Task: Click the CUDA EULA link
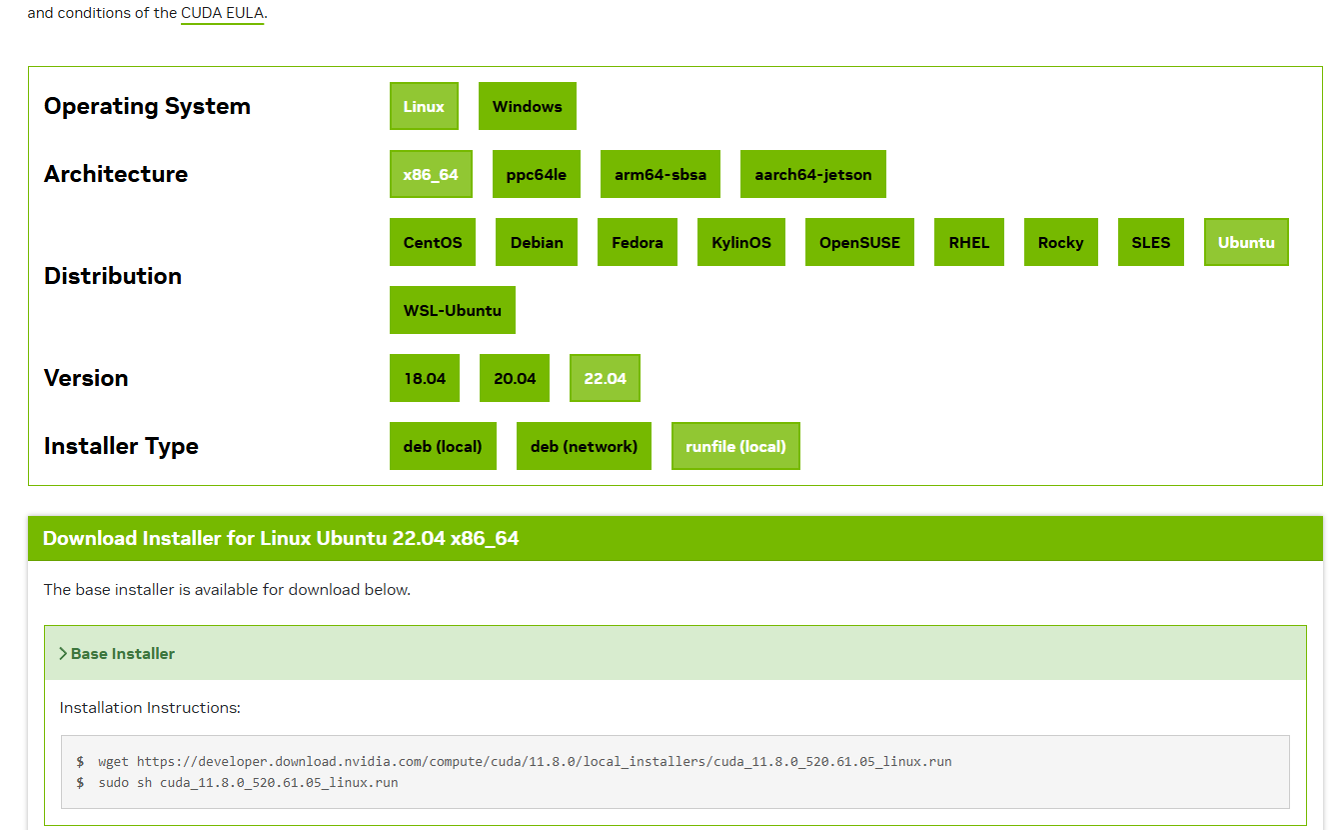[x=222, y=14]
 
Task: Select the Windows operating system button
[x=527, y=106]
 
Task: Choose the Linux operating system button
[x=424, y=106]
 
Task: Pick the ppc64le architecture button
[x=536, y=174]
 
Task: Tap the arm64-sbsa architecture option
[x=660, y=174]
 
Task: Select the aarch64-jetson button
[x=812, y=174]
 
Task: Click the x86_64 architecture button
[x=431, y=174]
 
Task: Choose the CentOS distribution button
[x=433, y=242]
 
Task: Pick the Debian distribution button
[x=537, y=242]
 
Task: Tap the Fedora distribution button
[x=638, y=242]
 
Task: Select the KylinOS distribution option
[x=740, y=242]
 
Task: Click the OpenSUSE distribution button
[x=859, y=242]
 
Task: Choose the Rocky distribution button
[x=1060, y=242]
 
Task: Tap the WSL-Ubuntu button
[x=452, y=310]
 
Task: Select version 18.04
[x=425, y=378]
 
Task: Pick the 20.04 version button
[x=515, y=378]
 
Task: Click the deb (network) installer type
[x=584, y=446]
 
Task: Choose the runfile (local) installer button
[x=735, y=446]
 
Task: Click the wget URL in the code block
[x=544, y=761]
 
